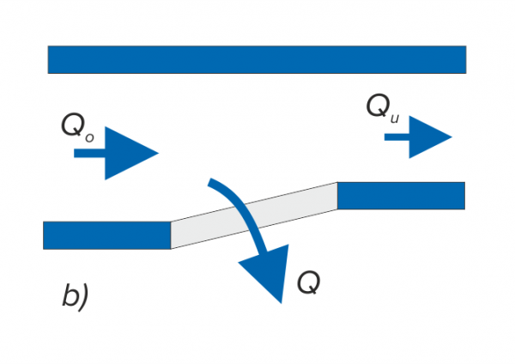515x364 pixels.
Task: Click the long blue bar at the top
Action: pyautogui.click(x=257, y=59)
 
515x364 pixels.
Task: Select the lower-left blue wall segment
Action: pyautogui.click(x=106, y=234)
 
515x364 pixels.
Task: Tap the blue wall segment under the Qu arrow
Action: pyautogui.click(x=401, y=195)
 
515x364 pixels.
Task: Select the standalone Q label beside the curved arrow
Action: pyautogui.click(x=306, y=281)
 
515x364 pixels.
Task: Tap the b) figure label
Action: pyautogui.click(x=76, y=296)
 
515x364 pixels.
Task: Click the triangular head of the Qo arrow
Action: pyautogui.click(x=129, y=154)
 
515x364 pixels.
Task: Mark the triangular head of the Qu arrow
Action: pyautogui.click(x=428, y=136)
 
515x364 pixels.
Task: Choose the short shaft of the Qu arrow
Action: pyautogui.click(x=396, y=136)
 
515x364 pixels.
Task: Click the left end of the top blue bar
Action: pyautogui.click(x=53, y=59)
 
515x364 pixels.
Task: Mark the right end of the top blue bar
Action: pyautogui.click(x=461, y=59)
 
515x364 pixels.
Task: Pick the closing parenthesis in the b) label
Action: pyautogui.click(x=86, y=297)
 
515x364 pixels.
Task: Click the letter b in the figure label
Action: pyautogui.click(x=71, y=296)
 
